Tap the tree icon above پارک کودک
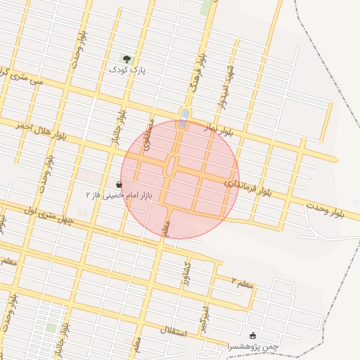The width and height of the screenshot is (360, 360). tap(127, 60)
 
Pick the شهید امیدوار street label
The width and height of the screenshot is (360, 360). tap(226, 87)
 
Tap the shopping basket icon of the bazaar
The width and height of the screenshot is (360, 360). tap(118, 184)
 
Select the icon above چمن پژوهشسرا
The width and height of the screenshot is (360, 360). tap(253, 335)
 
